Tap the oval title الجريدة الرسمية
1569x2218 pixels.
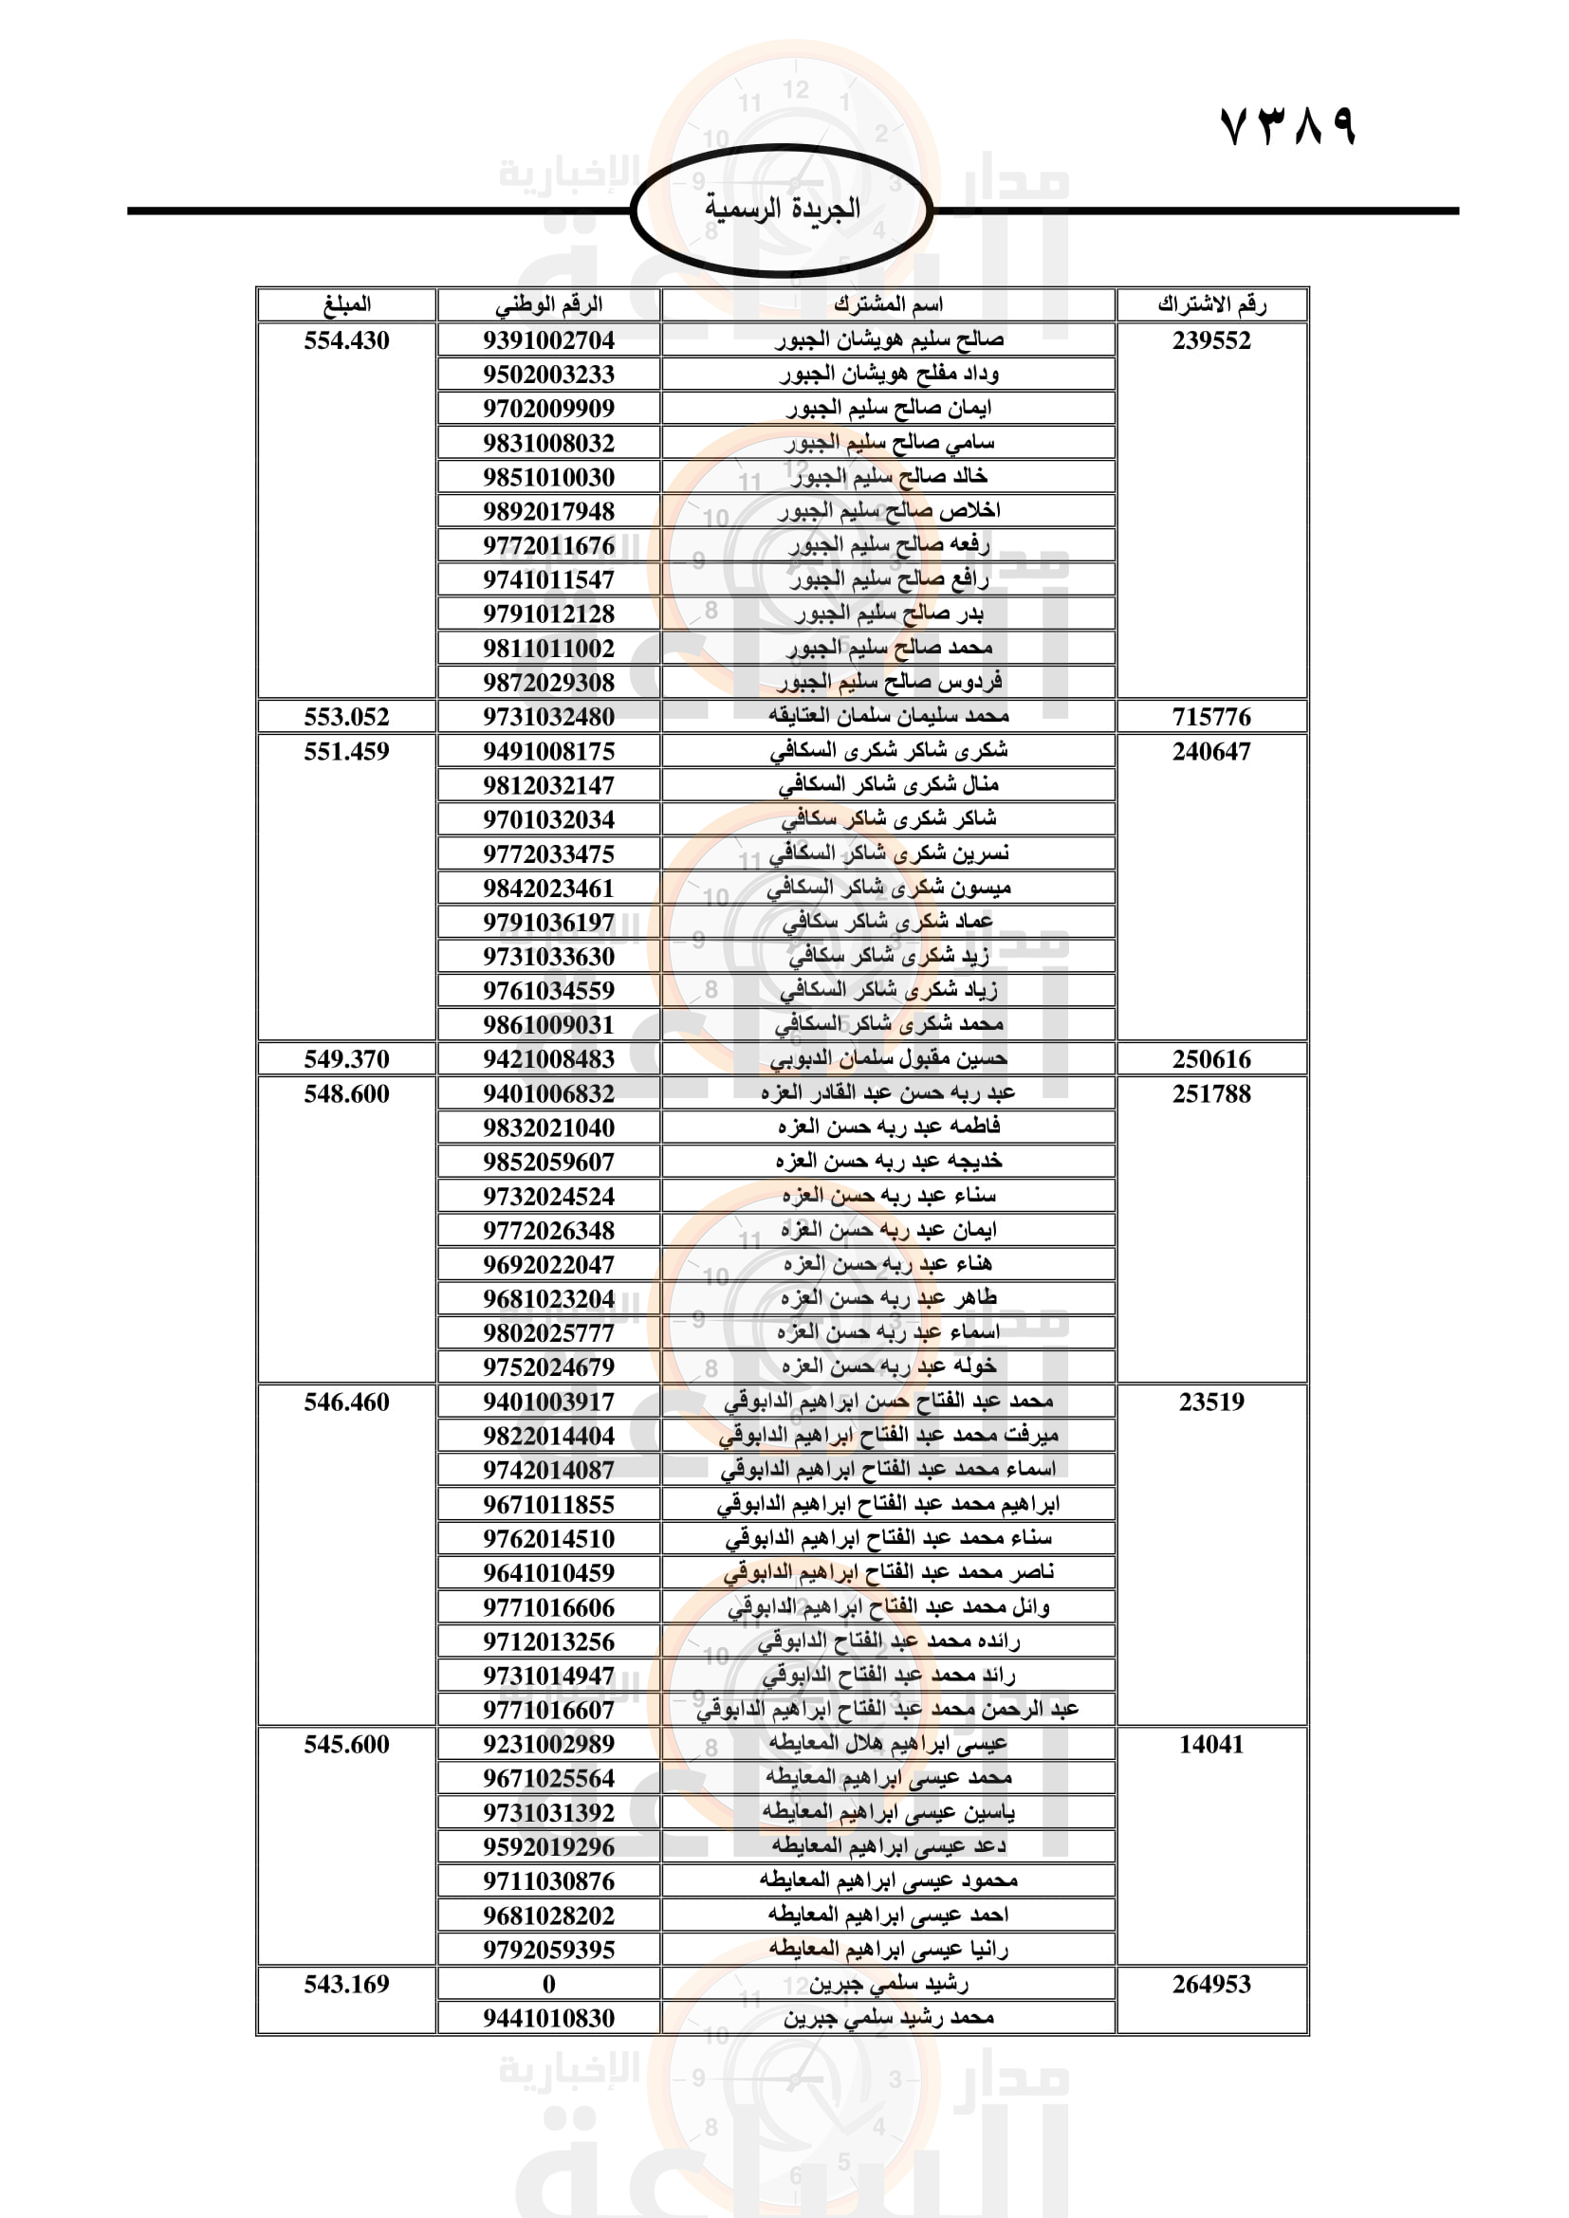pos(782,209)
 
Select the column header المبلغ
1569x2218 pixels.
pos(347,305)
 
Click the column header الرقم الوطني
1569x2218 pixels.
pos(548,305)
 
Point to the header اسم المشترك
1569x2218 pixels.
pos(888,305)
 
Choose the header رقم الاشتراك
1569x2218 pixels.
pos(1211,305)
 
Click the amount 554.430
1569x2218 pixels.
pos(347,341)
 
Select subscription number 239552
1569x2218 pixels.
pos(1211,341)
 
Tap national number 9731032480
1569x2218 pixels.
pos(548,717)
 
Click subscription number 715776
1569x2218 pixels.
pos(1211,717)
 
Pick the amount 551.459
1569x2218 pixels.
pos(347,752)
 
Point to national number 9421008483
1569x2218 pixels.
pos(548,1059)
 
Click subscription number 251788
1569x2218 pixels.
pos(1211,1093)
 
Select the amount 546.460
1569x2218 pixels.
pos(347,1402)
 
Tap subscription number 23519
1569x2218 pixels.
pos(1211,1402)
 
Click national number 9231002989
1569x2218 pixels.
pos(548,1744)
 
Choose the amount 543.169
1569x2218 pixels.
pos(347,1984)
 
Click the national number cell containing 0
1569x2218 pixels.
pos(548,1984)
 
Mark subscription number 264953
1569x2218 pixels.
pos(1211,1984)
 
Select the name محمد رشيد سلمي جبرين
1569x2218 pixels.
pos(888,2018)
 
